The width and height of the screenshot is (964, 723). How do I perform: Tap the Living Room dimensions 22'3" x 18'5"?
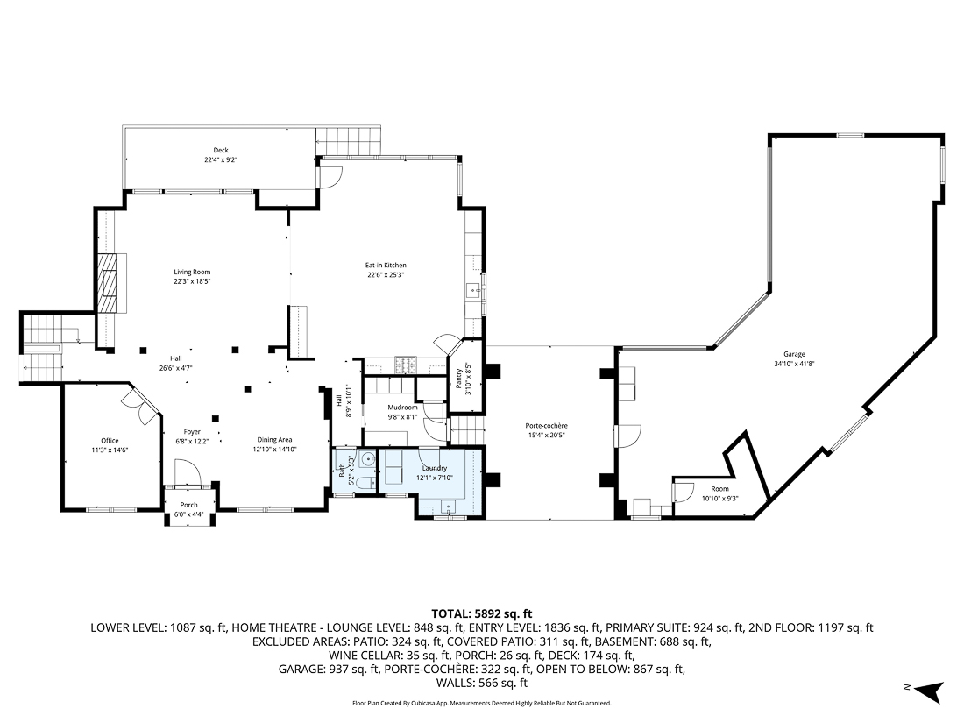(192, 282)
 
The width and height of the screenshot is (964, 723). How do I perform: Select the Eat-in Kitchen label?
(386, 266)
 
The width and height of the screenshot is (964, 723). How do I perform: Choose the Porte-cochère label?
(546, 426)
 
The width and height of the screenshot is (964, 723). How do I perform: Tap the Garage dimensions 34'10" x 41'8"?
(794, 364)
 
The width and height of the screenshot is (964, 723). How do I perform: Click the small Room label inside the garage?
(719, 489)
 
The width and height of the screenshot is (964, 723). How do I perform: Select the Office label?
(110, 441)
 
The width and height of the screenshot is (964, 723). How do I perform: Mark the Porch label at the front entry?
(188, 505)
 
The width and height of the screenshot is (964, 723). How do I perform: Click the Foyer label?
(192, 431)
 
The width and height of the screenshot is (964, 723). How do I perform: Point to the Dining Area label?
(274, 440)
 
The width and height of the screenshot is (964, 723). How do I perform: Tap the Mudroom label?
(403, 408)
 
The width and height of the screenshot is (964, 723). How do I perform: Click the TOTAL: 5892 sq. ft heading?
(481, 613)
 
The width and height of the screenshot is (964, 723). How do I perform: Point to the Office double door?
(137, 400)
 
